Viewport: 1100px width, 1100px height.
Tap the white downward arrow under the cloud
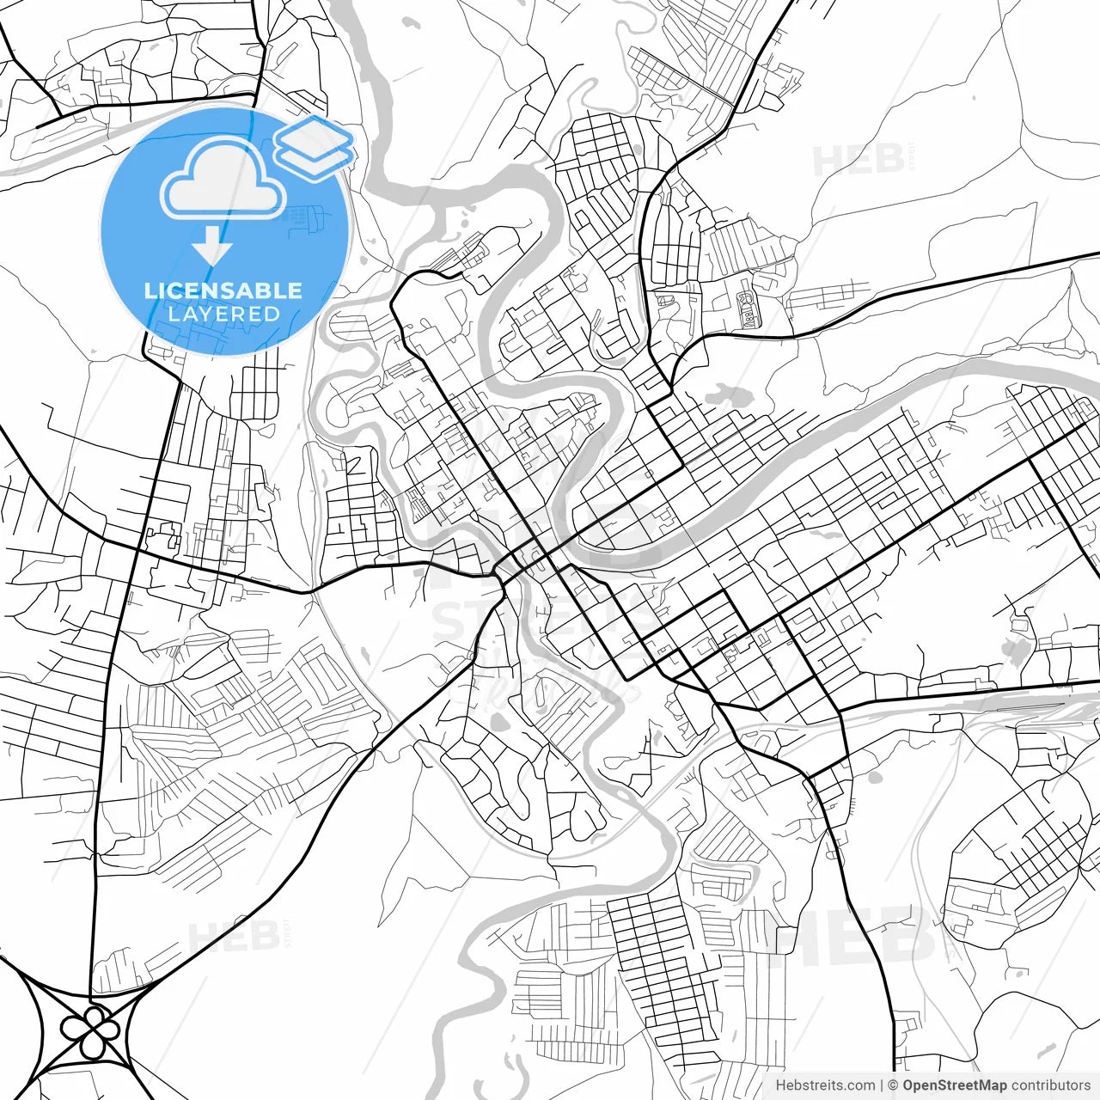[x=212, y=248]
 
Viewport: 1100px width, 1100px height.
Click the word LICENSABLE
[x=223, y=290]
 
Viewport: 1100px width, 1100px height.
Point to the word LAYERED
[x=223, y=314]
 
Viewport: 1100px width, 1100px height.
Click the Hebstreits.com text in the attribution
[x=825, y=1085]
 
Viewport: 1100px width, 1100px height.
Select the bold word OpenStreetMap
[x=955, y=1085]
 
